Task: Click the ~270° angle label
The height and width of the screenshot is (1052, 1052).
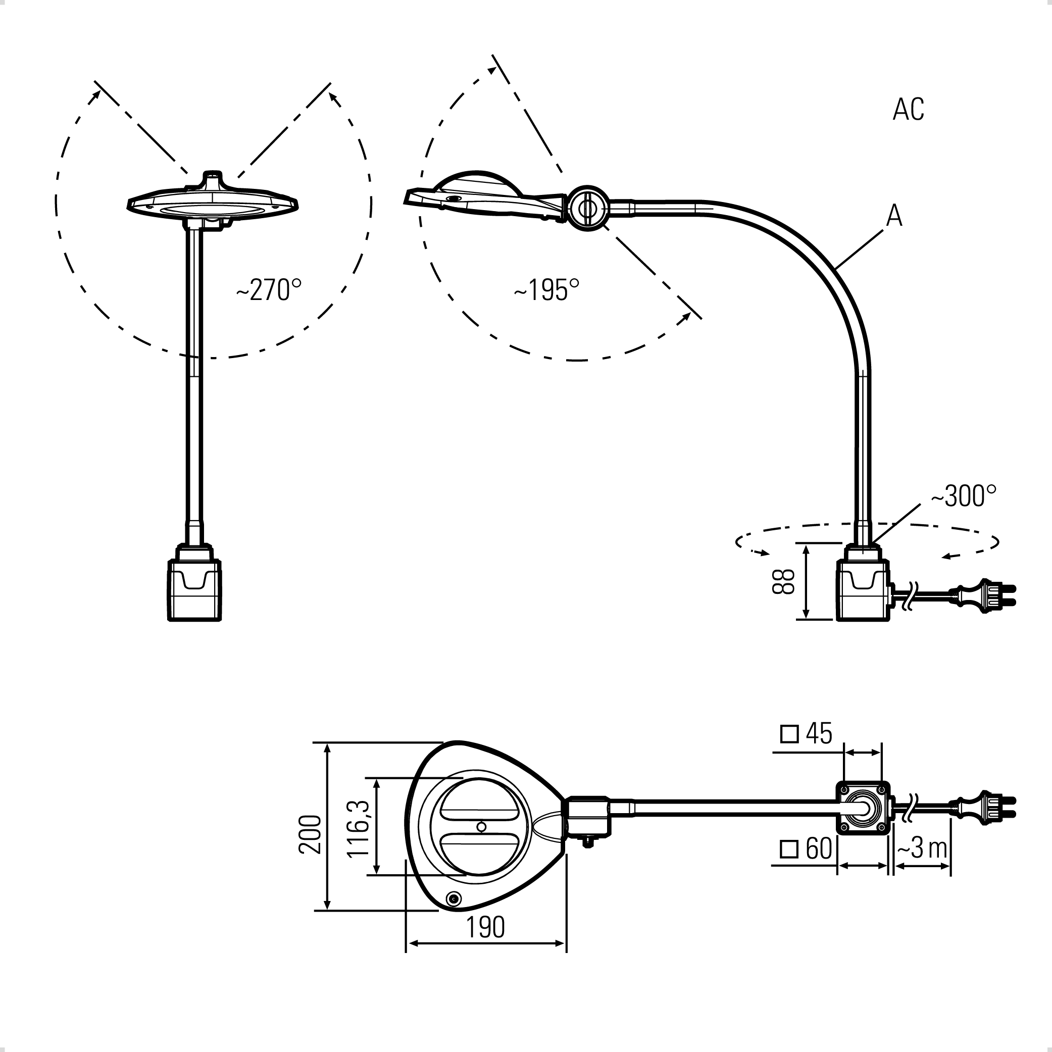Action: (269, 290)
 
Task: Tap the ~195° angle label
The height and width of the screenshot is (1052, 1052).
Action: (546, 290)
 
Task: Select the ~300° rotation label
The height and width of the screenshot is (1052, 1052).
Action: (963, 496)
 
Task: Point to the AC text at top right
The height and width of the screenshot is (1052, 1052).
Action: (908, 110)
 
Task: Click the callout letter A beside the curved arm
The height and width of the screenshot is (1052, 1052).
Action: (894, 216)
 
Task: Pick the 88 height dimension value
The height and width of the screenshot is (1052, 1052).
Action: (784, 581)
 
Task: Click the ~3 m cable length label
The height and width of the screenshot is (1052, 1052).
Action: (922, 848)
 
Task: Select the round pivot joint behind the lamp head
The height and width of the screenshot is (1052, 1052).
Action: (587, 208)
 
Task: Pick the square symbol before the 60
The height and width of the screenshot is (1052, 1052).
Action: (789, 849)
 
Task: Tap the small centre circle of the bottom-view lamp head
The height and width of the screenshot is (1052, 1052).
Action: (481, 827)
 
